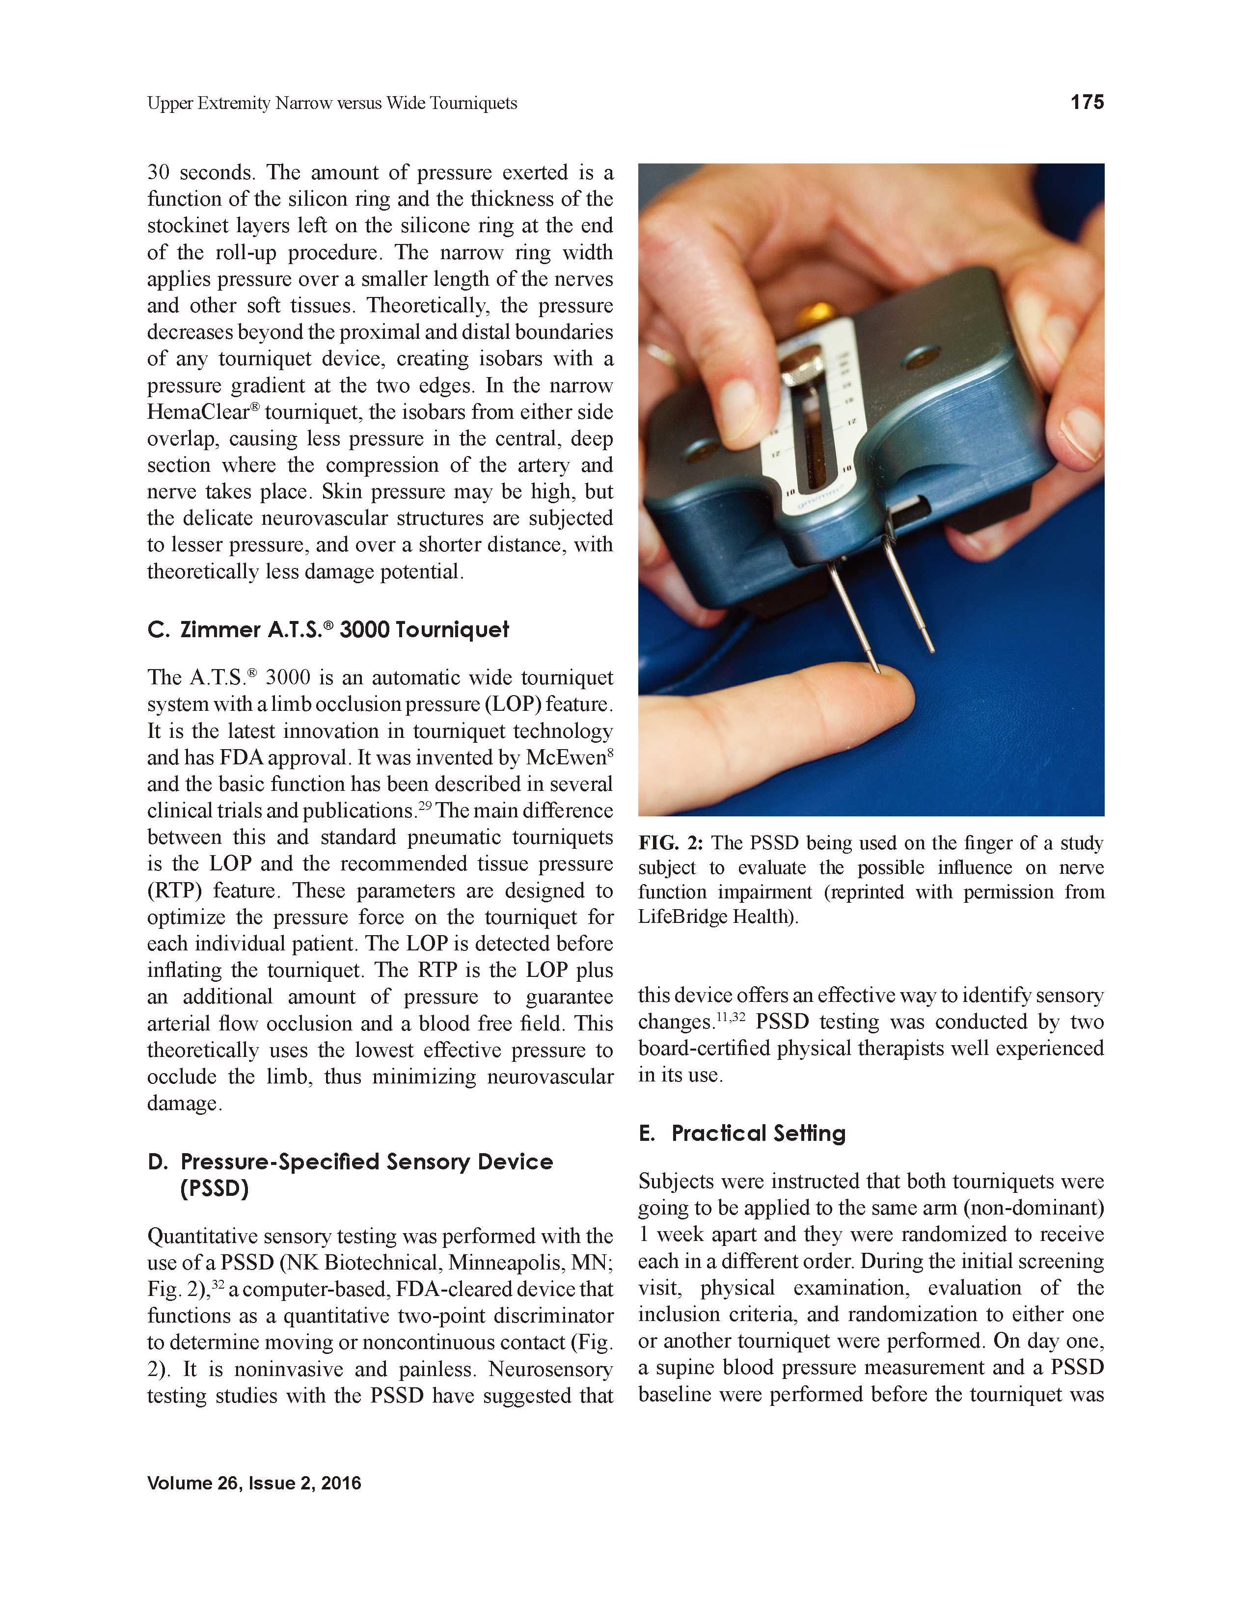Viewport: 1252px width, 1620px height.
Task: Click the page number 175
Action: pyautogui.click(x=1087, y=103)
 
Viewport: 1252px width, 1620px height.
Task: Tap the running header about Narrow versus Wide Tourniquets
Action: pyautogui.click(x=331, y=103)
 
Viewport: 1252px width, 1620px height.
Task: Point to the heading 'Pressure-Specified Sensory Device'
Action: pyautogui.click(x=366, y=1161)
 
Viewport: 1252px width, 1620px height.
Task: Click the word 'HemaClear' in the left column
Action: pyautogui.click(x=196, y=412)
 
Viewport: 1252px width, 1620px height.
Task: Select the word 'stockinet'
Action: pyautogui.click(x=189, y=225)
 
